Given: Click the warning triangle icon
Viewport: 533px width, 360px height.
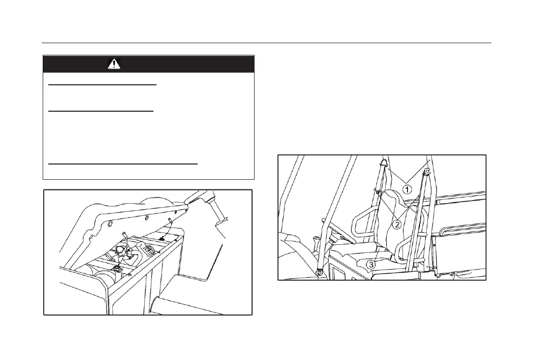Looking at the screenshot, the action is point(114,64).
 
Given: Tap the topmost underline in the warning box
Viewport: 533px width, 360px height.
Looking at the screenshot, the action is point(102,85).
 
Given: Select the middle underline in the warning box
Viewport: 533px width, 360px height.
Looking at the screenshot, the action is point(101,110).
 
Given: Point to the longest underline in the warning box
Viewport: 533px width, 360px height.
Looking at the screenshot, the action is point(122,164).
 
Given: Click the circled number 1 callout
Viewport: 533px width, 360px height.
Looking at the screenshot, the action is point(407,189).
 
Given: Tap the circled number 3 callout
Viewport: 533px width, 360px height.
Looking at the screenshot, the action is point(372,264).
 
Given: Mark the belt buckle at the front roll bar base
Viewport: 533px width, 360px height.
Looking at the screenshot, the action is point(319,272).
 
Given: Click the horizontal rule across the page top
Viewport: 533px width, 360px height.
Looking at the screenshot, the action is point(266,43).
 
